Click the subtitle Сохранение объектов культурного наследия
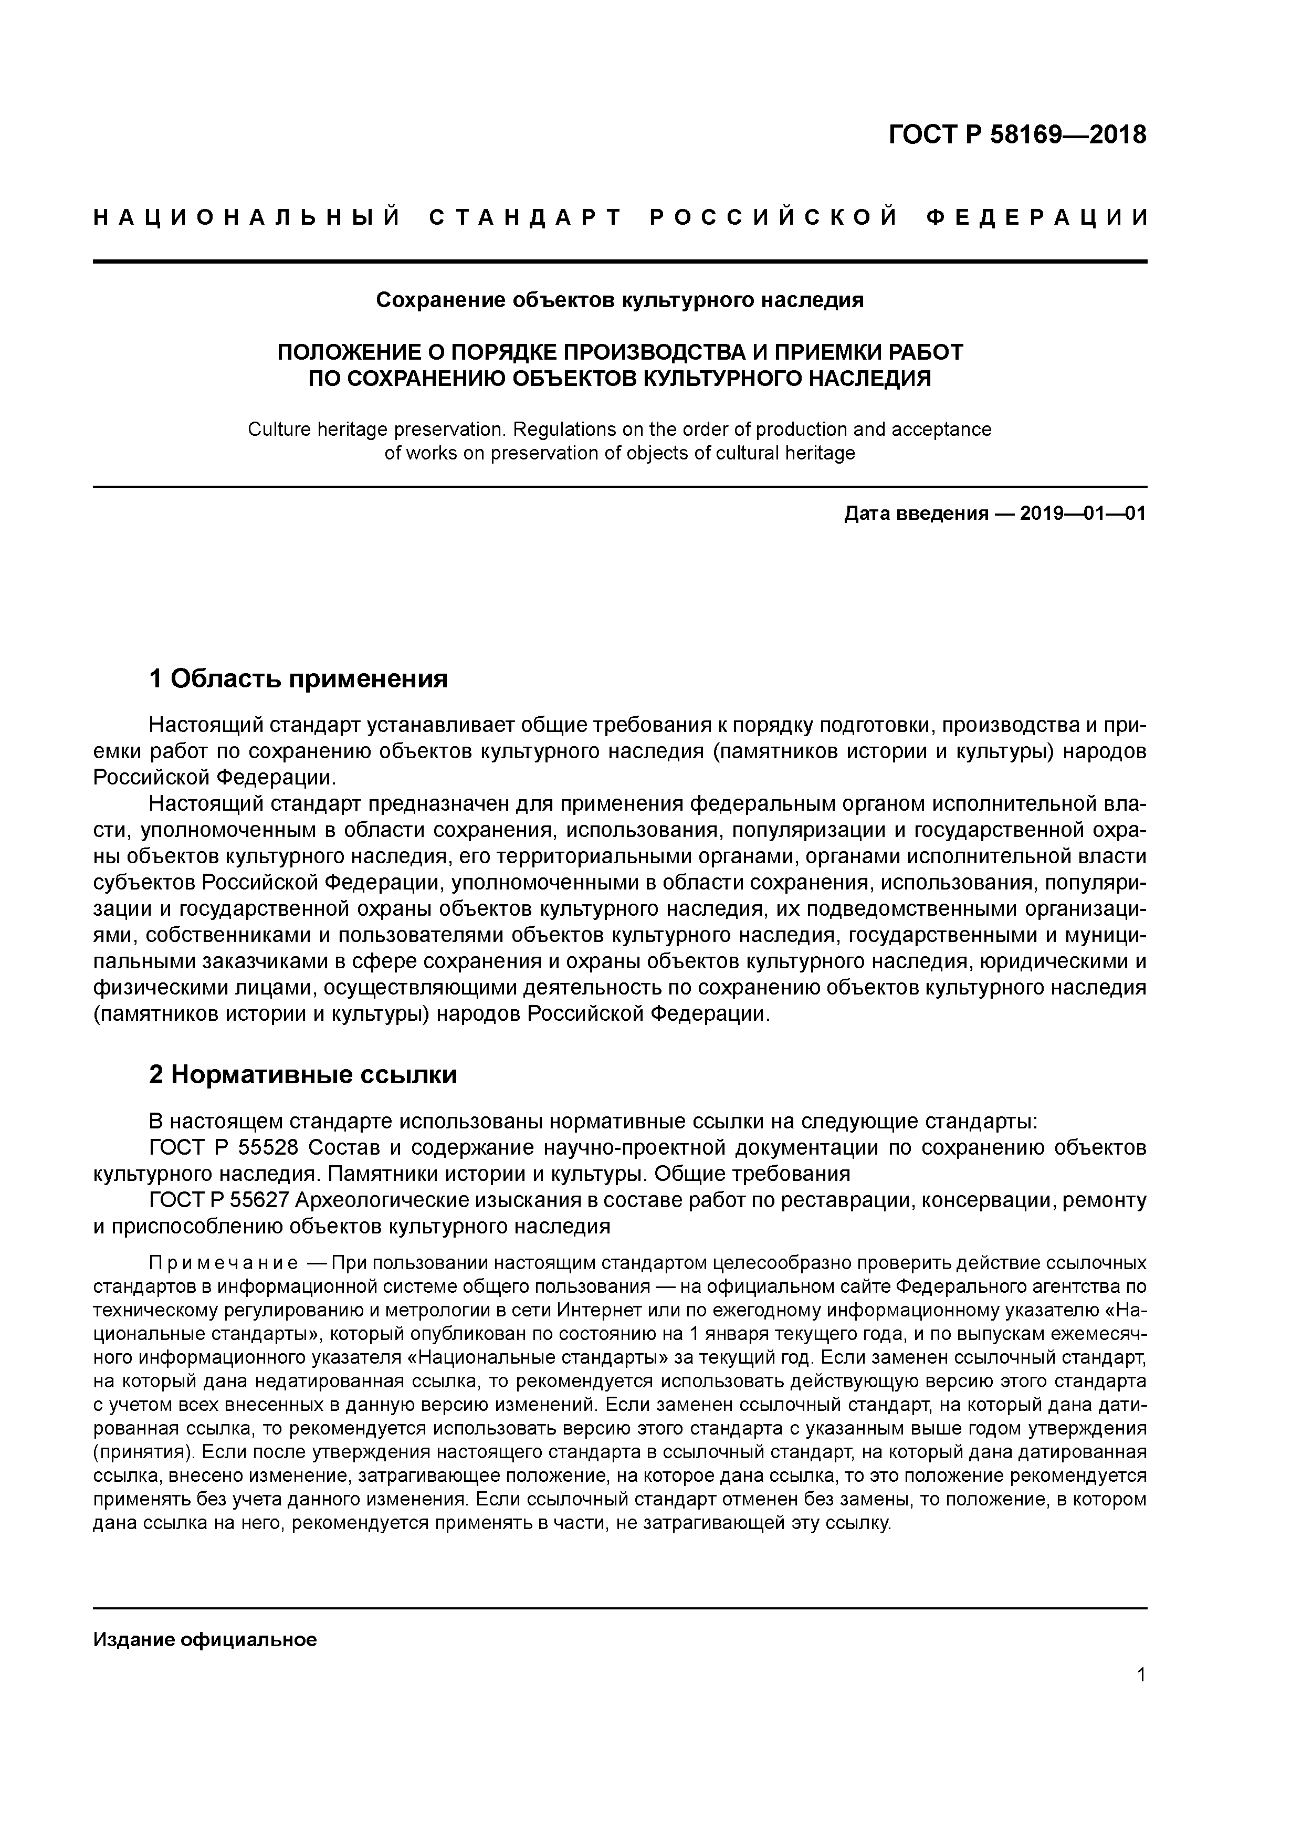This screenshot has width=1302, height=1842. tap(619, 300)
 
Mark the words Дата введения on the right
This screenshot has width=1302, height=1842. tap(915, 514)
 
